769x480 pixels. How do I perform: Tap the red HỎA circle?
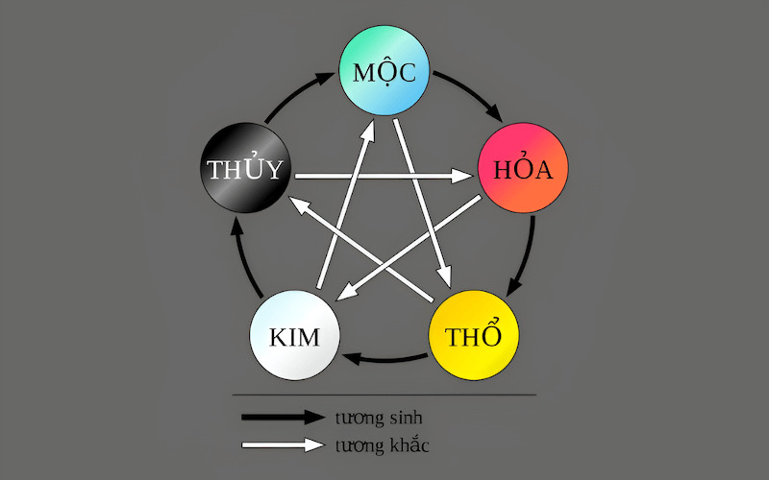(x=523, y=170)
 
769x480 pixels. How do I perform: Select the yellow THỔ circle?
(x=472, y=337)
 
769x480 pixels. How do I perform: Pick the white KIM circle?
(x=294, y=337)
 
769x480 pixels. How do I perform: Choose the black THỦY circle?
(x=245, y=170)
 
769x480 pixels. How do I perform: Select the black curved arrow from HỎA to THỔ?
(x=527, y=254)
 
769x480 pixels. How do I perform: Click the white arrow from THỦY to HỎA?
(x=384, y=177)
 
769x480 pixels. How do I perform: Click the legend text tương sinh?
(x=379, y=418)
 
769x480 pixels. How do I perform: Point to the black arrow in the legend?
(x=284, y=417)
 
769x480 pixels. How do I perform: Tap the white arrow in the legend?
(x=284, y=444)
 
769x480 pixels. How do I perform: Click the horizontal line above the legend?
(x=384, y=395)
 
